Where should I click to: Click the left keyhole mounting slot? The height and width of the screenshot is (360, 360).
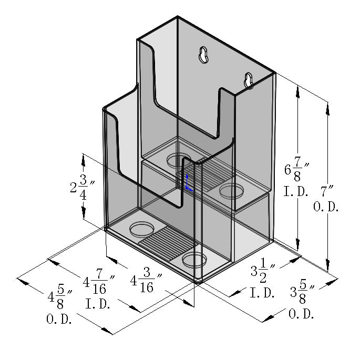click(204, 55)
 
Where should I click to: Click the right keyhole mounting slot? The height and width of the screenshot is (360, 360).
click(249, 80)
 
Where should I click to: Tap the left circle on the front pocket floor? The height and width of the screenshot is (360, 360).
click(141, 229)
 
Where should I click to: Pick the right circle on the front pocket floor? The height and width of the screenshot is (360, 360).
click(195, 259)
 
